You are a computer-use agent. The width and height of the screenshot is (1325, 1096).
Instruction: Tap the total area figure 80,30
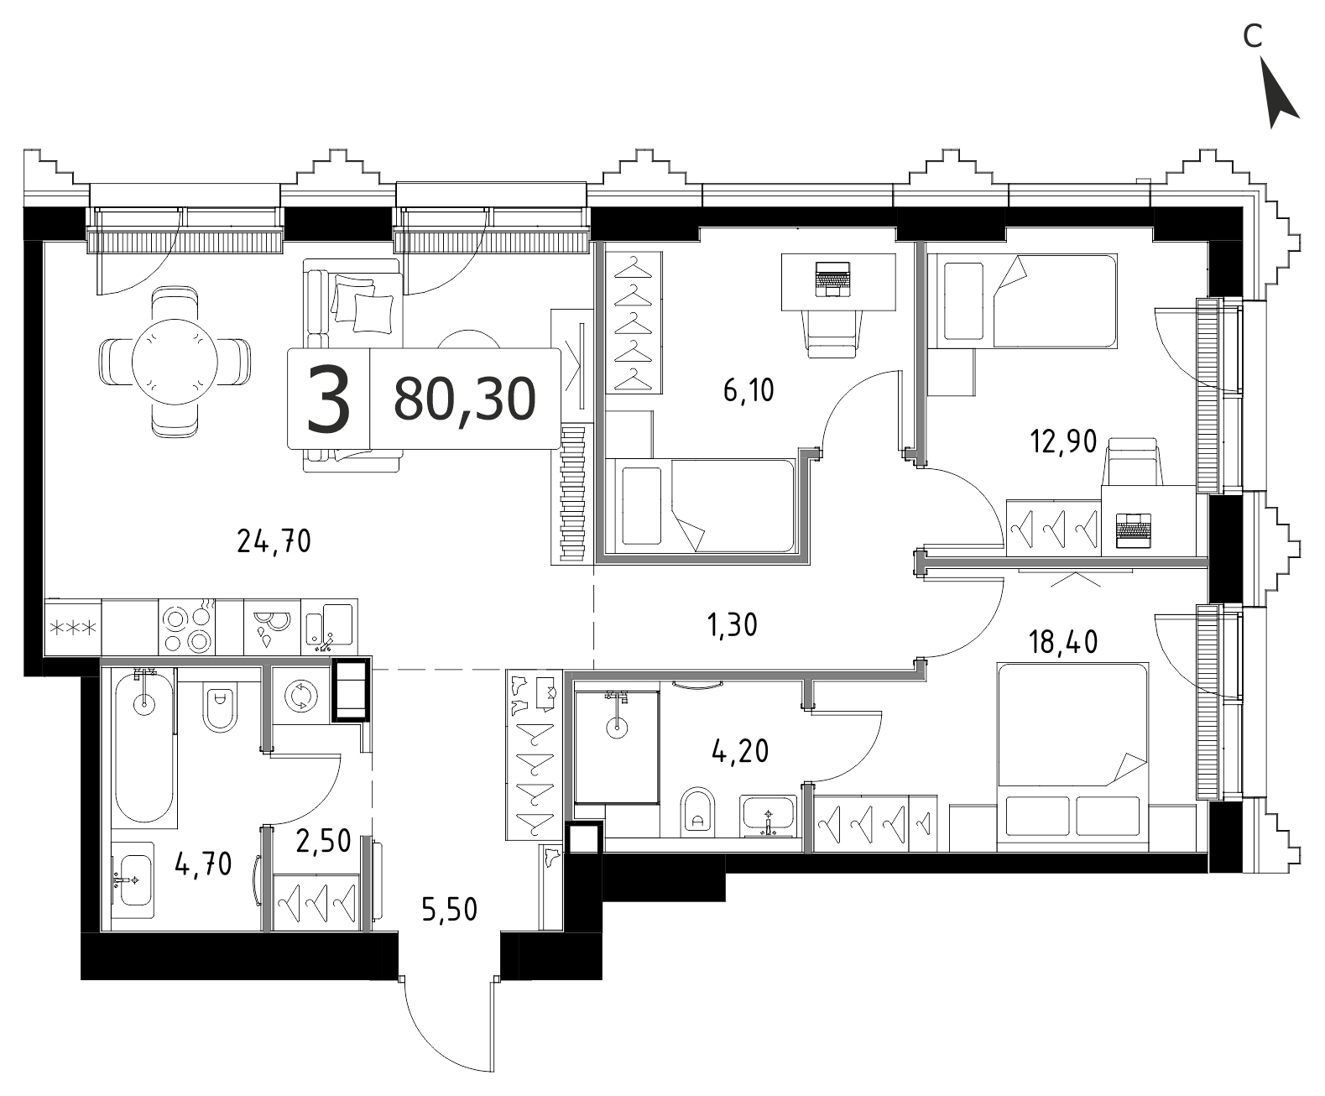(x=465, y=399)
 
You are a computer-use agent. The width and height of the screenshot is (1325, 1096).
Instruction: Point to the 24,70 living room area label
(x=274, y=541)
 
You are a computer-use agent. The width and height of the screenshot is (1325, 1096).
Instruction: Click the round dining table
(x=175, y=362)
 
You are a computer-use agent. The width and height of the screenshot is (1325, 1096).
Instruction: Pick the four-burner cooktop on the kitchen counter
(x=186, y=628)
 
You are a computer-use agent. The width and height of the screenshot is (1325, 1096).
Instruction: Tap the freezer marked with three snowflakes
(x=73, y=628)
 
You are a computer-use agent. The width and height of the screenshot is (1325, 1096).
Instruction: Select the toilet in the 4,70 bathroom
(x=220, y=707)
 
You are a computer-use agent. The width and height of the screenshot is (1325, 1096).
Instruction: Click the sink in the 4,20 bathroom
(x=768, y=817)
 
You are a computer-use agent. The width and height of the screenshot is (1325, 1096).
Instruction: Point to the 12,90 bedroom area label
(x=1063, y=441)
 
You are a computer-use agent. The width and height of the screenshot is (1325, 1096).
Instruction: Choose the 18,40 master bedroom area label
(x=1063, y=642)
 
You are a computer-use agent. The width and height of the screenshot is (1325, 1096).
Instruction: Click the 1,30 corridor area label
(x=733, y=625)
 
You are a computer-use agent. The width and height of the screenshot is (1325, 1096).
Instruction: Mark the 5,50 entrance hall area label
(x=449, y=910)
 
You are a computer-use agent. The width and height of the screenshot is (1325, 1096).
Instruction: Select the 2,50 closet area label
(x=324, y=841)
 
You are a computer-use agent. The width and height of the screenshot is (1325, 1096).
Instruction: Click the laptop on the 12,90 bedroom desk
(x=1134, y=530)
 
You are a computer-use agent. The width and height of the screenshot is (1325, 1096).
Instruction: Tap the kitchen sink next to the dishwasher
(x=328, y=627)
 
